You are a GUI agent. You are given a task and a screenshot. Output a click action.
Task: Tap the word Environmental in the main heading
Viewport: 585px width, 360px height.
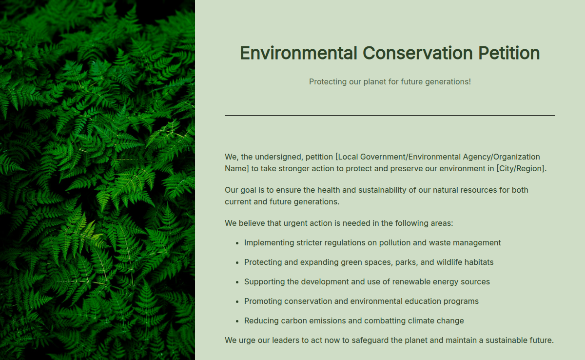coord(298,53)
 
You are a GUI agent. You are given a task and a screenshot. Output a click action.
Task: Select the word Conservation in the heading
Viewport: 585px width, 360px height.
coord(417,53)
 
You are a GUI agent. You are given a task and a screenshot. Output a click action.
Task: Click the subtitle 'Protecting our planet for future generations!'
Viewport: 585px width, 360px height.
coord(390,81)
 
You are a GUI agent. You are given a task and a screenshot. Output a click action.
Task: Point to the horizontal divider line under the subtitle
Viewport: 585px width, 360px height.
coord(390,115)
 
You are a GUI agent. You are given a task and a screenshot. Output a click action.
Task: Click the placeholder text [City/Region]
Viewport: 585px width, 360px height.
coord(521,168)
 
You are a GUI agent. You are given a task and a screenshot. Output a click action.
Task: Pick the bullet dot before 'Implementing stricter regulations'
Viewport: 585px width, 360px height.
coord(237,243)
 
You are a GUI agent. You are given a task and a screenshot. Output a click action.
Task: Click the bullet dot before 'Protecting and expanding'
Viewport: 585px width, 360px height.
coord(237,262)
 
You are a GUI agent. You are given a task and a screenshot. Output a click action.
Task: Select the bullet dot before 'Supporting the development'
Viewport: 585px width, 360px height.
coord(237,282)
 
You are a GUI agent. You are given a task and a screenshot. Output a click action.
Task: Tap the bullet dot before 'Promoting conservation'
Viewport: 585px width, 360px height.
coord(237,301)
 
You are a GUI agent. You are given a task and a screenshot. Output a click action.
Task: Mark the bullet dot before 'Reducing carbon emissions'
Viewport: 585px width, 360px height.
coord(237,321)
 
